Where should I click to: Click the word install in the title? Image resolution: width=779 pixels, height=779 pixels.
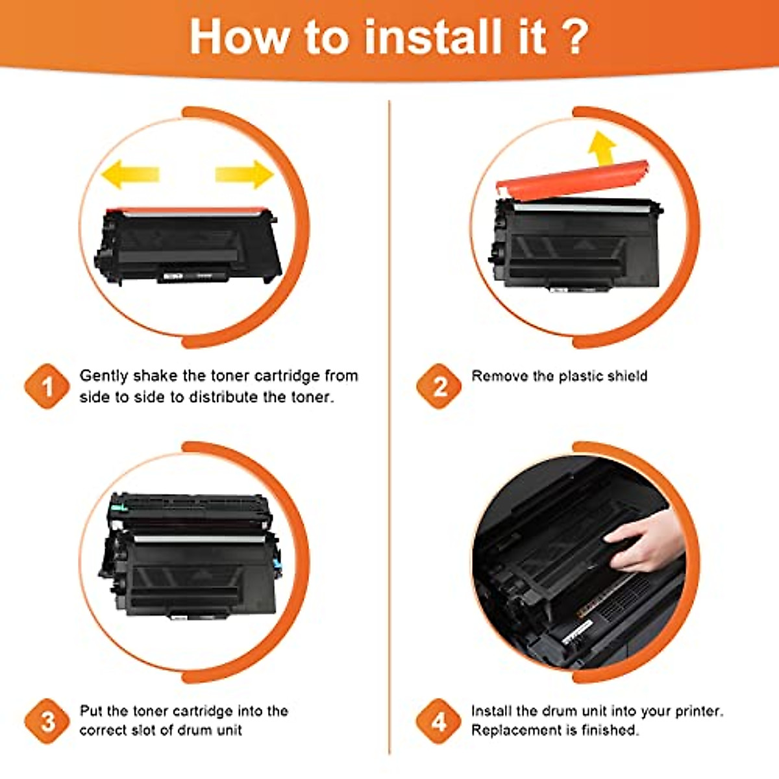(432, 37)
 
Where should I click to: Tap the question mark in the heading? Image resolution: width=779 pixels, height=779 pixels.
(574, 37)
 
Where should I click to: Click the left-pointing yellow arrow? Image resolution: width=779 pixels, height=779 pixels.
(130, 174)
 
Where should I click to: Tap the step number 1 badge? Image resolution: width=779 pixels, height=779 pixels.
(47, 387)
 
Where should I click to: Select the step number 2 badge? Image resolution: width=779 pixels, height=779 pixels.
(439, 387)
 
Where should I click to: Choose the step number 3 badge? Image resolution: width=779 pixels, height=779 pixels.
(47, 721)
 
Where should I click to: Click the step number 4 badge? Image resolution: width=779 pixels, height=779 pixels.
(439, 721)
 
